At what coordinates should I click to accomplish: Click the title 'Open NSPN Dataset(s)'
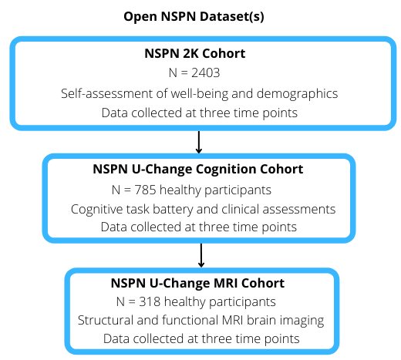click(x=194, y=17)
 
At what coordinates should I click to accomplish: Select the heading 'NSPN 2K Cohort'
click(x=195, y=53)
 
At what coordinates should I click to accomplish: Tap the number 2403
click(x=206, y=72)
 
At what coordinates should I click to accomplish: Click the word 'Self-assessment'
click(x=107, y=93)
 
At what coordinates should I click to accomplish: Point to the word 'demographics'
click(x=297, y=94)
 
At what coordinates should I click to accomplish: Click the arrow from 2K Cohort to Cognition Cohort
click(x=199, y=142)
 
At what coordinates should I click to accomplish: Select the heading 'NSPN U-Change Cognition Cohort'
click(x=198, y=170)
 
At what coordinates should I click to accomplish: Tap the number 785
click(x=146, y=190)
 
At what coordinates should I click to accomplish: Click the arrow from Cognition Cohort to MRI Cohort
click(x=201, y=255)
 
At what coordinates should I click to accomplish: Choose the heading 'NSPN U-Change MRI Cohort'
click(x=197, y=283)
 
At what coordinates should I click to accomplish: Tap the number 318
click(x=150, y=301)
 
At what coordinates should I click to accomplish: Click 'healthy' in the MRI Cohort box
click(x=185, y=302)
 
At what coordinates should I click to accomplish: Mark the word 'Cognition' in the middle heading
click(x=226, y=170)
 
